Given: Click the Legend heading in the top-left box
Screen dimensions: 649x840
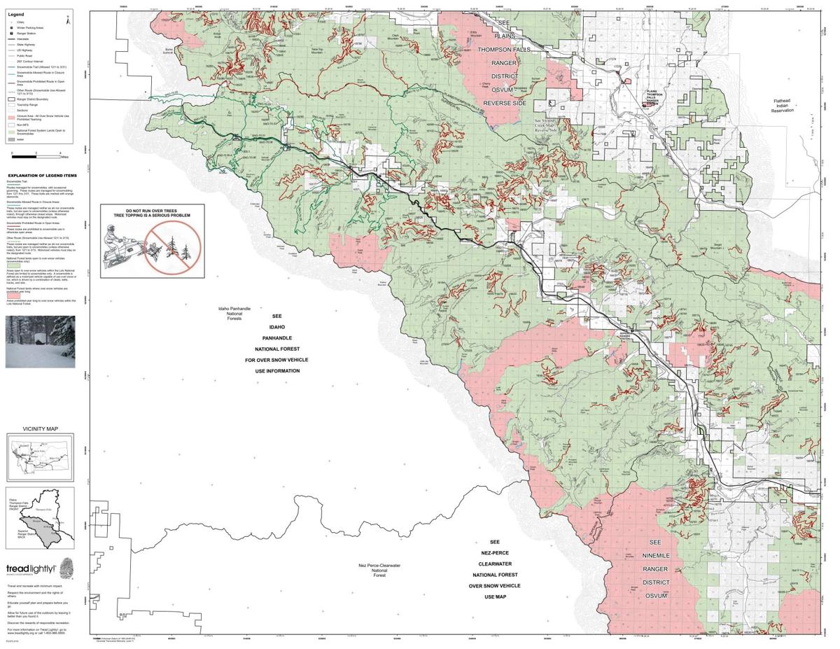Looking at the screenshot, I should click(x=15, y=14).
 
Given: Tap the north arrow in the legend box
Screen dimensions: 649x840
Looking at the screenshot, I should click(x=67, y=20).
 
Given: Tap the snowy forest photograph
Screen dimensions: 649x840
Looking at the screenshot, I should click(x=40, y=341).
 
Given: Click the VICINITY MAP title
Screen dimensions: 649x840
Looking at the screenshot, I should click(x=40, y=428).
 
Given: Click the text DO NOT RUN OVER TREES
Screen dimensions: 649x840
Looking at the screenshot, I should click(x=151, y=211).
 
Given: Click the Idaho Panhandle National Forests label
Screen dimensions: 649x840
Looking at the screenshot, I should click(x=234, y=313).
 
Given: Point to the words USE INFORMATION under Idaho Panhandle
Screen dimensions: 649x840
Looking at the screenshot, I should click(x=277, y=371).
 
